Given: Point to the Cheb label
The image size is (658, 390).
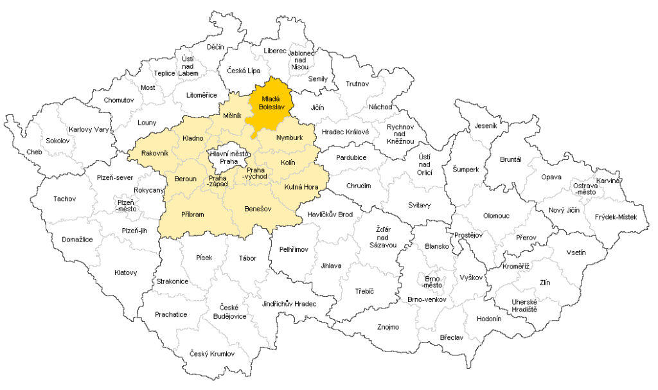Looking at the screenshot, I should pyautogui.click(x=34, y=152).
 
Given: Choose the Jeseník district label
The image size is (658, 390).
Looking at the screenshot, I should pyautogui.click(x=486, y=126).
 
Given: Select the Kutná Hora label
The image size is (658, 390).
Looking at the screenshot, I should pyautogui.click(x=301, y=187).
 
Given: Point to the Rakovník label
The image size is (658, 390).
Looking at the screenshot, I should pyautogui.click(x=154, y=153).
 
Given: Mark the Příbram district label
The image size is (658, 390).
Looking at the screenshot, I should pyautogui.click(x=192, y=215).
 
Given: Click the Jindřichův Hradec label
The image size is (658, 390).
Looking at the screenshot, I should pyautogui.click(x=290, y=303).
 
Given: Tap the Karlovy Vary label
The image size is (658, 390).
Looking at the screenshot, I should pyautogui.click(x=89, y=129).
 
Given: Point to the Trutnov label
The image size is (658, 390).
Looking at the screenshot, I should pyautogui.click(x=357, y=84).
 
